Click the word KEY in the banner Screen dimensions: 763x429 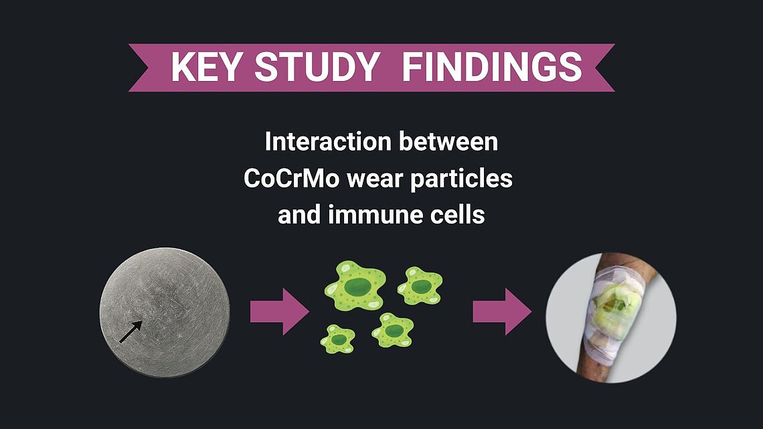206,67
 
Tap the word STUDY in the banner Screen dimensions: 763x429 317,67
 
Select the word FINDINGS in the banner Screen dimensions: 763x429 492,67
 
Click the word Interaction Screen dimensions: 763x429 328,141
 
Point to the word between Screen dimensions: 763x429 448,141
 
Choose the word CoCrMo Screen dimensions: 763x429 291,179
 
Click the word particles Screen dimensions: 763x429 461,179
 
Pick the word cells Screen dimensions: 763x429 457,214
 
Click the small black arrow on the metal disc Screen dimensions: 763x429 131,331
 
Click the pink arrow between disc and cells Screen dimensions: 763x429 280,311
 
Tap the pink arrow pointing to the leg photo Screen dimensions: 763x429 502,311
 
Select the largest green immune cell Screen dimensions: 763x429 355,286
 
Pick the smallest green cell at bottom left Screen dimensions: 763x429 338,339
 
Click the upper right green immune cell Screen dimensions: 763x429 420,286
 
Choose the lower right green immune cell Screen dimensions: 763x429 393,330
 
